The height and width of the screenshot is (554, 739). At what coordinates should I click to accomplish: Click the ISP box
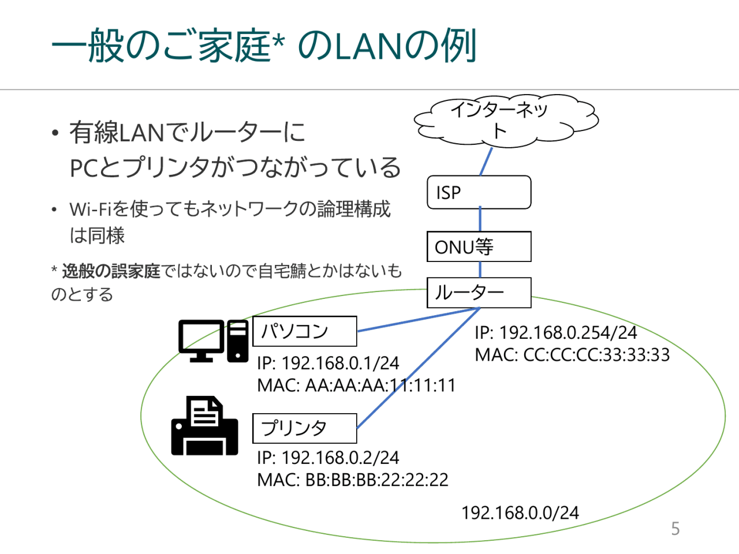479,192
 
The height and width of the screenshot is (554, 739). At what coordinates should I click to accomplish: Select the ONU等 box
479,247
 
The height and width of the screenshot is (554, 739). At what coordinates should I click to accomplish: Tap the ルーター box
479,293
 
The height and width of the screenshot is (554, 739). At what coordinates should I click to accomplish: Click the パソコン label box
304,331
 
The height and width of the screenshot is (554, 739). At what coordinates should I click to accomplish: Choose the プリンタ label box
304,428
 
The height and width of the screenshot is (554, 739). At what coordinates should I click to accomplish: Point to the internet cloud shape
505,122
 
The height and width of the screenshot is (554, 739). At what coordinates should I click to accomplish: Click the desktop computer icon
213,340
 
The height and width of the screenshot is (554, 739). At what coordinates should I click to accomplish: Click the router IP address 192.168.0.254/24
555,332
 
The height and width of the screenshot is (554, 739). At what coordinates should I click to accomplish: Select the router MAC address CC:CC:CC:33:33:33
572,354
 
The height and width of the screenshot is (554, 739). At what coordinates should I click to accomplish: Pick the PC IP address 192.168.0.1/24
328,363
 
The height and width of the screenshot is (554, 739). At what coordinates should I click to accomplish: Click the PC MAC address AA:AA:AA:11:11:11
356,385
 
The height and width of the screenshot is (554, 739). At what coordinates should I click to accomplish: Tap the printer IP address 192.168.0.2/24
328,458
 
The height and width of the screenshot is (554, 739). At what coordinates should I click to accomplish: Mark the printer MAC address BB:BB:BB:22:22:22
352,480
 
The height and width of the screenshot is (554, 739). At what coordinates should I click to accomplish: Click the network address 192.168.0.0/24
520,512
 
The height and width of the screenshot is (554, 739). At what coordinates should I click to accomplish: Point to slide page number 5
675,529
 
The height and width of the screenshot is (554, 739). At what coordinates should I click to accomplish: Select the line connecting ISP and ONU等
480,220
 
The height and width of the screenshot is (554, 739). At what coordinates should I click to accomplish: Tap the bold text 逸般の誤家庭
111,271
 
